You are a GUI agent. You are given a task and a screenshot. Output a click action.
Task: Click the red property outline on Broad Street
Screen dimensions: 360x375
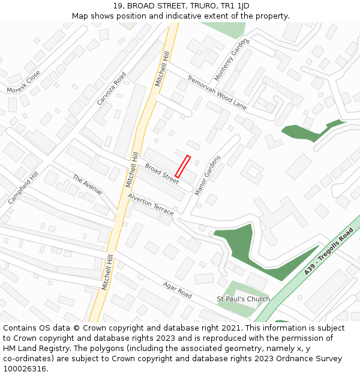[182, 166]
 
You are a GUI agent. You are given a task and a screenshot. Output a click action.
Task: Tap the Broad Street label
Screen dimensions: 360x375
[161, 173]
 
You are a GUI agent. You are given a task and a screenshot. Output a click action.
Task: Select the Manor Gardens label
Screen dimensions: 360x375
[208, 175]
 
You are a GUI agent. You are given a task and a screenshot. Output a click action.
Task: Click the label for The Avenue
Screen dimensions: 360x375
[87, 185]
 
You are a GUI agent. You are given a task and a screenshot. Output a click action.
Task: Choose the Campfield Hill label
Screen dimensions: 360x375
[23, 187]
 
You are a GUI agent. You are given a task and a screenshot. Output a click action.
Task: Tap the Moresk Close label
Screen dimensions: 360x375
[23, 82]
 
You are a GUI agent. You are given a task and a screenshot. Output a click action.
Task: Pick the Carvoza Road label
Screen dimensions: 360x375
[112, 89]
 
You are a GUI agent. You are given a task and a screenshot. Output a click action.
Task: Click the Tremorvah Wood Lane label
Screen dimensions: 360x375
[217, 92]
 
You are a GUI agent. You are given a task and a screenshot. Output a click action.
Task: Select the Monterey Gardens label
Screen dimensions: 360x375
[232, 60]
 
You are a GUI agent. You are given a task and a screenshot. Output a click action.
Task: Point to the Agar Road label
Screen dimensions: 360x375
[178, 290]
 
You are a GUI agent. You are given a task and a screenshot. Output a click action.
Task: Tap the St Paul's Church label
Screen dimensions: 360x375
[243, 299]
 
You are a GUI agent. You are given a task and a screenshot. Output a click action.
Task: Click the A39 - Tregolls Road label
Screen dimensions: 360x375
[328, 251]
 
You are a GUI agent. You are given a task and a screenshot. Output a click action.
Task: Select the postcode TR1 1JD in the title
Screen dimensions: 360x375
[236, 6]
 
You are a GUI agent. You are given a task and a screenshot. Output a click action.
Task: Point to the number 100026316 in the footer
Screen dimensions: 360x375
[25, 369]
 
